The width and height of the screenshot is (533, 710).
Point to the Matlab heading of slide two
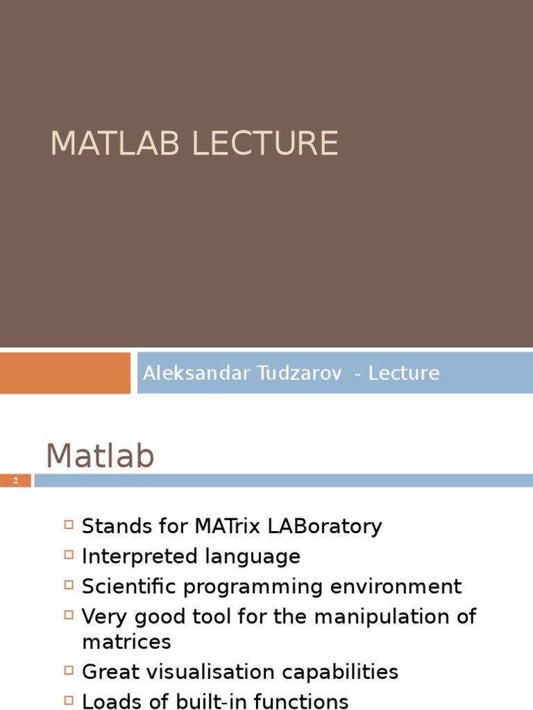click(100, 457)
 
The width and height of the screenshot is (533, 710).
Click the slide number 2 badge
click(15, 480)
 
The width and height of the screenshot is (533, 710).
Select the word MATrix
click(226, 526)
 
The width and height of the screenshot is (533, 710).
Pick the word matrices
click(126, 641)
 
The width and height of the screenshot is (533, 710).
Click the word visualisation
click(217, 672)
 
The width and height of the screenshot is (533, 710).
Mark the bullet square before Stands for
click(68, 525)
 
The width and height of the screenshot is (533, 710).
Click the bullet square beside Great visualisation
click(68, 670)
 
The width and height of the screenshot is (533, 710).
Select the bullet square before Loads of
click(68, 700)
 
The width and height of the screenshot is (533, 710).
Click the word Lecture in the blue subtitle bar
click(404, 373)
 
